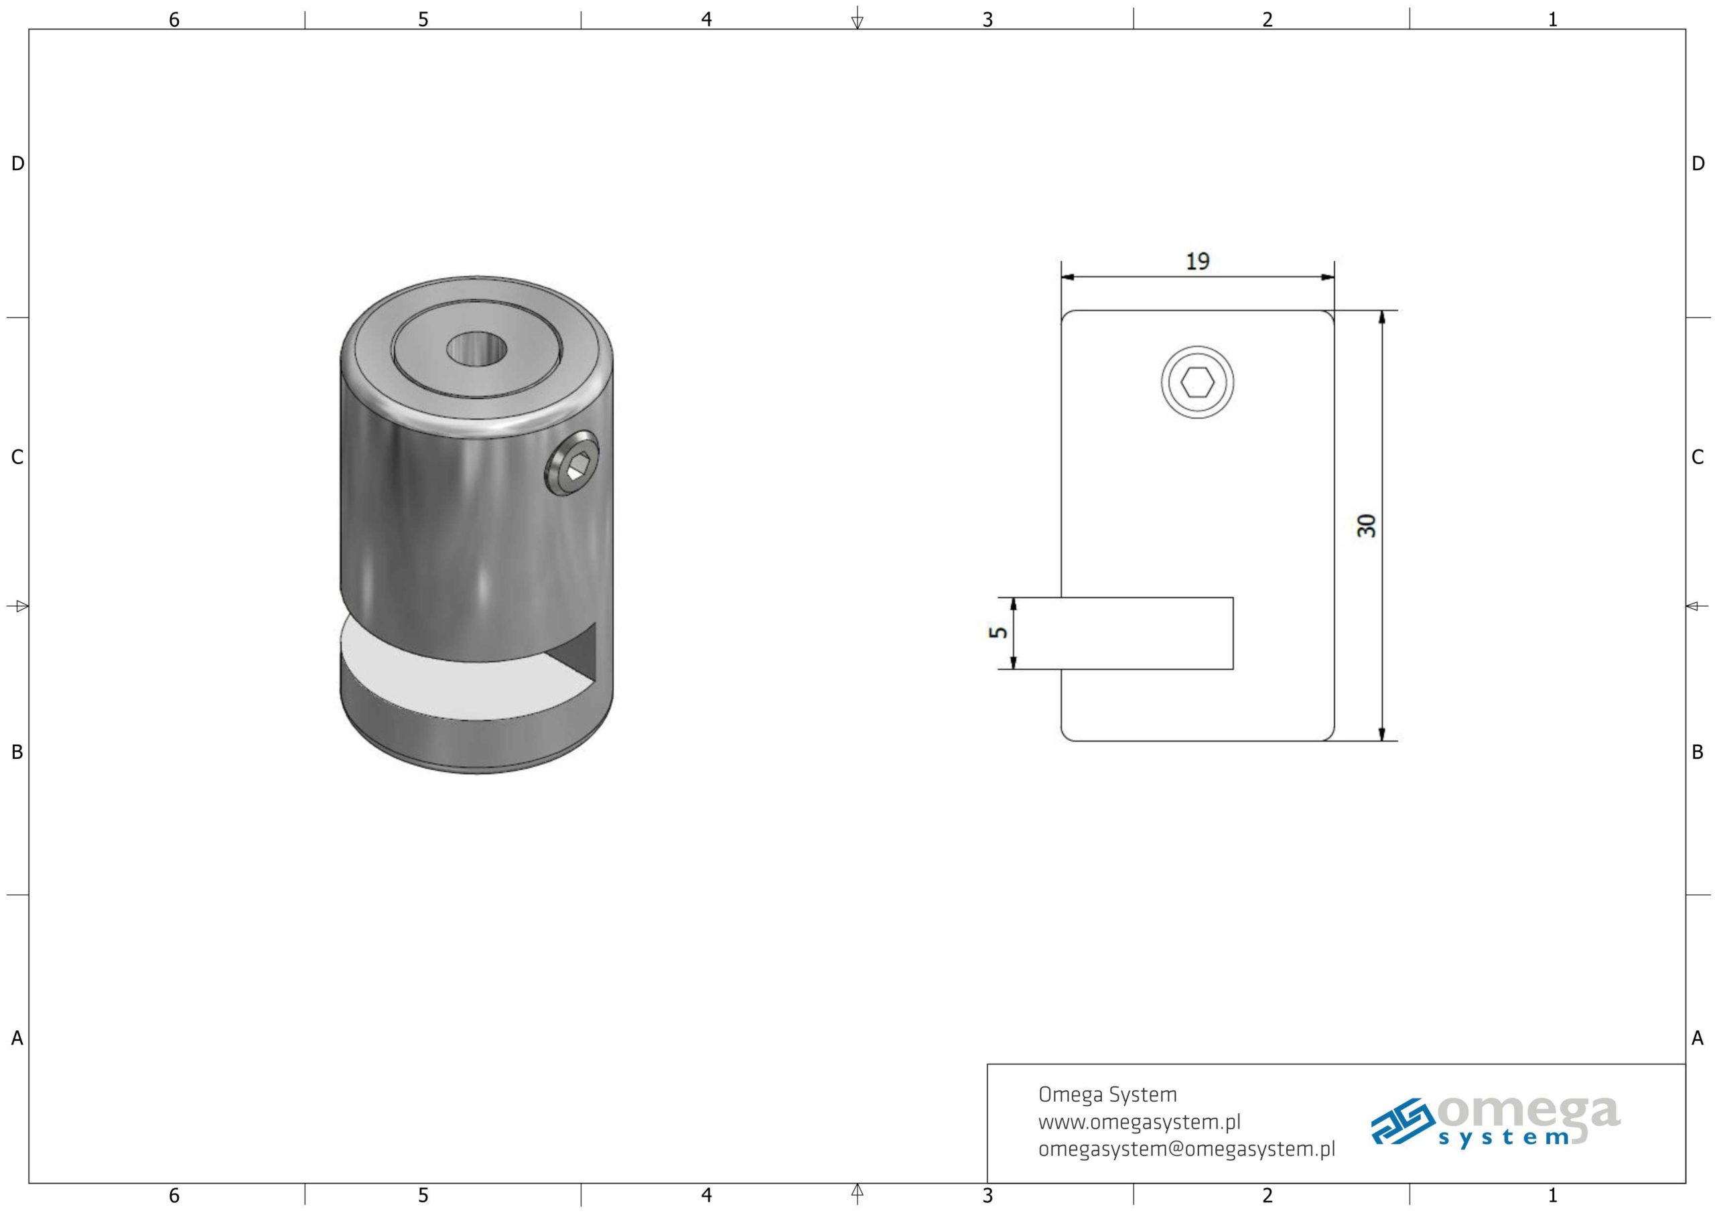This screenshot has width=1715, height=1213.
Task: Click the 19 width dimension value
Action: [x=1197, y=261]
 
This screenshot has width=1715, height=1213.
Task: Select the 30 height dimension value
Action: [x=1366, y=526]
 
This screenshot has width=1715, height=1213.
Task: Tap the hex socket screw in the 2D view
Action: [x=1197, y=383]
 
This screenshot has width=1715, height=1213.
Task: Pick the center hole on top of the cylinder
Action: [x=476, y=349]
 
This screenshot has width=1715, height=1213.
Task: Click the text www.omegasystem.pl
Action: [x=1139, y=1122]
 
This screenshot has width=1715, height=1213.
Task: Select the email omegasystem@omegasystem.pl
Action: [x=1187, y=1149]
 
